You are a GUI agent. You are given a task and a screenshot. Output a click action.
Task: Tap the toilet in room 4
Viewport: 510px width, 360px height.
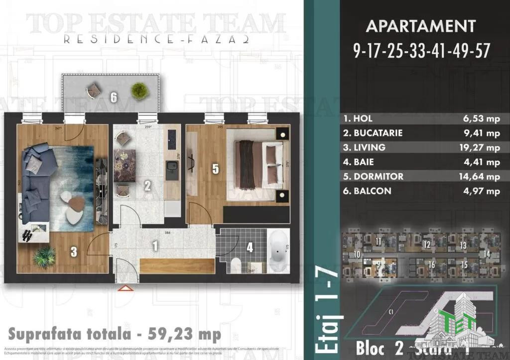click(x=237, y=265)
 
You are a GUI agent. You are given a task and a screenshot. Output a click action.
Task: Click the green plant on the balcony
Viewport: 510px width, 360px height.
click(x=139, y=90)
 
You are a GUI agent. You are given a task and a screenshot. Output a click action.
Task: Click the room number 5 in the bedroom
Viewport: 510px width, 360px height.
click(x=215, y=169)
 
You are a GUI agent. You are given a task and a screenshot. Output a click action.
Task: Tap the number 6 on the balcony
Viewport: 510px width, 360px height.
click(x=114, y=97)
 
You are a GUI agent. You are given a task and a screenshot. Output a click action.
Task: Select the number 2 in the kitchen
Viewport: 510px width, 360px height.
click(x=147, y=186)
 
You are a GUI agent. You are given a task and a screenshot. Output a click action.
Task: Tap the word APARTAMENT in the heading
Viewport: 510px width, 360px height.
click(x=420, y=26)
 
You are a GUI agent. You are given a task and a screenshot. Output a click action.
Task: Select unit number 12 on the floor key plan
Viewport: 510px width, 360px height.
click(x=426, y=245)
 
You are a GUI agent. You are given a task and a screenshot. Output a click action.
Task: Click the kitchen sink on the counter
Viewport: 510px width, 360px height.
click(x=171, y=166)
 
